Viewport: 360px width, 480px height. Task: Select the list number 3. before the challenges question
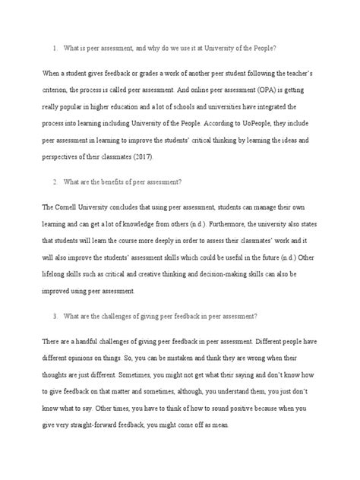(55, 315)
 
